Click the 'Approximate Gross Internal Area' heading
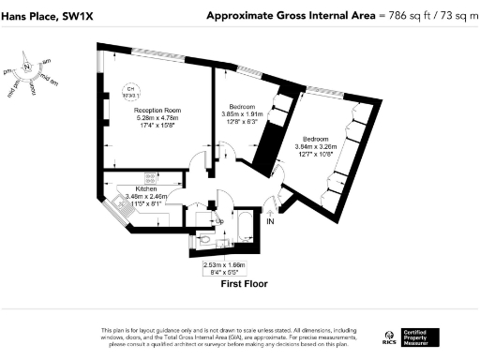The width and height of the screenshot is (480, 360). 282,16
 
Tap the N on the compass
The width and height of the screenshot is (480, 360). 28,67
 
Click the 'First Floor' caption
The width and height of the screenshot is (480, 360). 245,282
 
